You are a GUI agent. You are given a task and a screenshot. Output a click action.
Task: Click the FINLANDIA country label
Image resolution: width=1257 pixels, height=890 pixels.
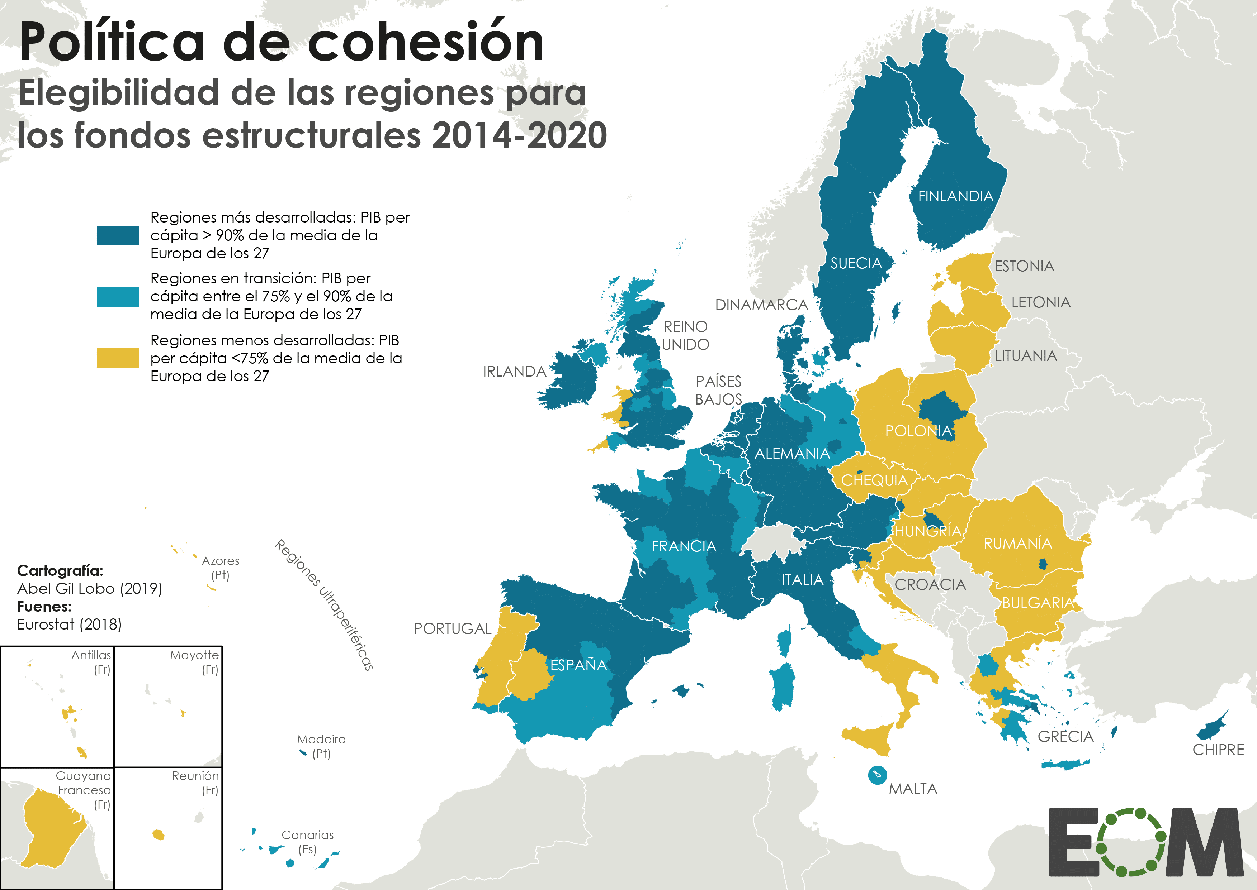955,196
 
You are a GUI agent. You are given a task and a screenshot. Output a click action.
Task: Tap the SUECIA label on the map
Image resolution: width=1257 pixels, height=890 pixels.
856,264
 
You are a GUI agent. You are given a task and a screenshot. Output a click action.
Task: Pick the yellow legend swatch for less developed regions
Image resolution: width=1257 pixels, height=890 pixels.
118,358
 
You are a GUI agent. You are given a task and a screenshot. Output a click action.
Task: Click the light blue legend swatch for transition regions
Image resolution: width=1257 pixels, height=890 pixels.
118,296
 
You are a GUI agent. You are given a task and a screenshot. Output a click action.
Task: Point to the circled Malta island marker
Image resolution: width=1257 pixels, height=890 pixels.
877,775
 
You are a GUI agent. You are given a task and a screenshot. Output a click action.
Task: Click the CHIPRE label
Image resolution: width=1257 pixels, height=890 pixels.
1218,750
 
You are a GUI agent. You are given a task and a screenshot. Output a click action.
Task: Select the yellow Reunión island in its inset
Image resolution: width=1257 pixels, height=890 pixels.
159,835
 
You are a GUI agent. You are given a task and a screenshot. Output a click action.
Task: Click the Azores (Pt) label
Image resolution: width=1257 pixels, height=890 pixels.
221,568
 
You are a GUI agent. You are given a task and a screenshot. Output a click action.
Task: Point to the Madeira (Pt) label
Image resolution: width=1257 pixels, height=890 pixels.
321,746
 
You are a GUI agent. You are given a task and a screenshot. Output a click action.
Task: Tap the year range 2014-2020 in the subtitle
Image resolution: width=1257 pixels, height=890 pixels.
519,135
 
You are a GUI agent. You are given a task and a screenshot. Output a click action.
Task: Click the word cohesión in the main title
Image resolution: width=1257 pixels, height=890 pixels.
426,43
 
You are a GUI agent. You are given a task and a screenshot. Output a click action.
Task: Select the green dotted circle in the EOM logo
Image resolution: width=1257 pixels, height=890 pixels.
1131,842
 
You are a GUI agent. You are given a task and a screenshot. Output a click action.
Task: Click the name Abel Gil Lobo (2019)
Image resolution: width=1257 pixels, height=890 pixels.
89,589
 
